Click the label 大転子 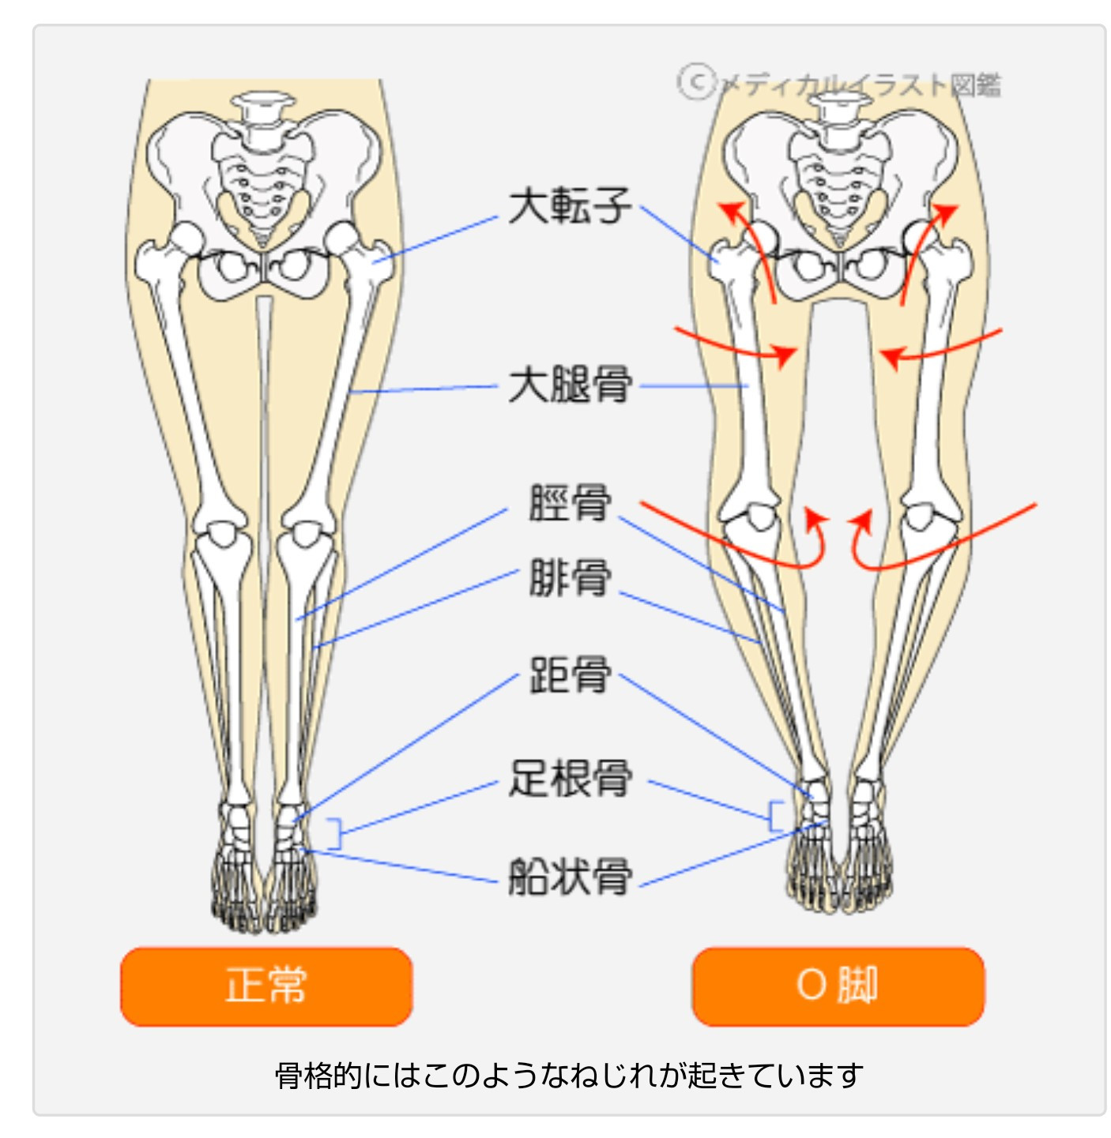tap(570, 206)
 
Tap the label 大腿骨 tap(570, 385)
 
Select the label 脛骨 tap(570, 503)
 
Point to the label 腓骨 tap(570, 577)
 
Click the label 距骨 tap(570, 675)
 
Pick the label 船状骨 tap(570, 876)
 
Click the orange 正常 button tap(266, 986)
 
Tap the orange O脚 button tap(838, 986)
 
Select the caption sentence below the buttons tap(569, 1076)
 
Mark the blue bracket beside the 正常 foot tap(337, 834)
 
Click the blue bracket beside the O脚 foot tap(774, 816)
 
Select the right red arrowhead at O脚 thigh tap(891, 356)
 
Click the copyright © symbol tap(696, 82)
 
